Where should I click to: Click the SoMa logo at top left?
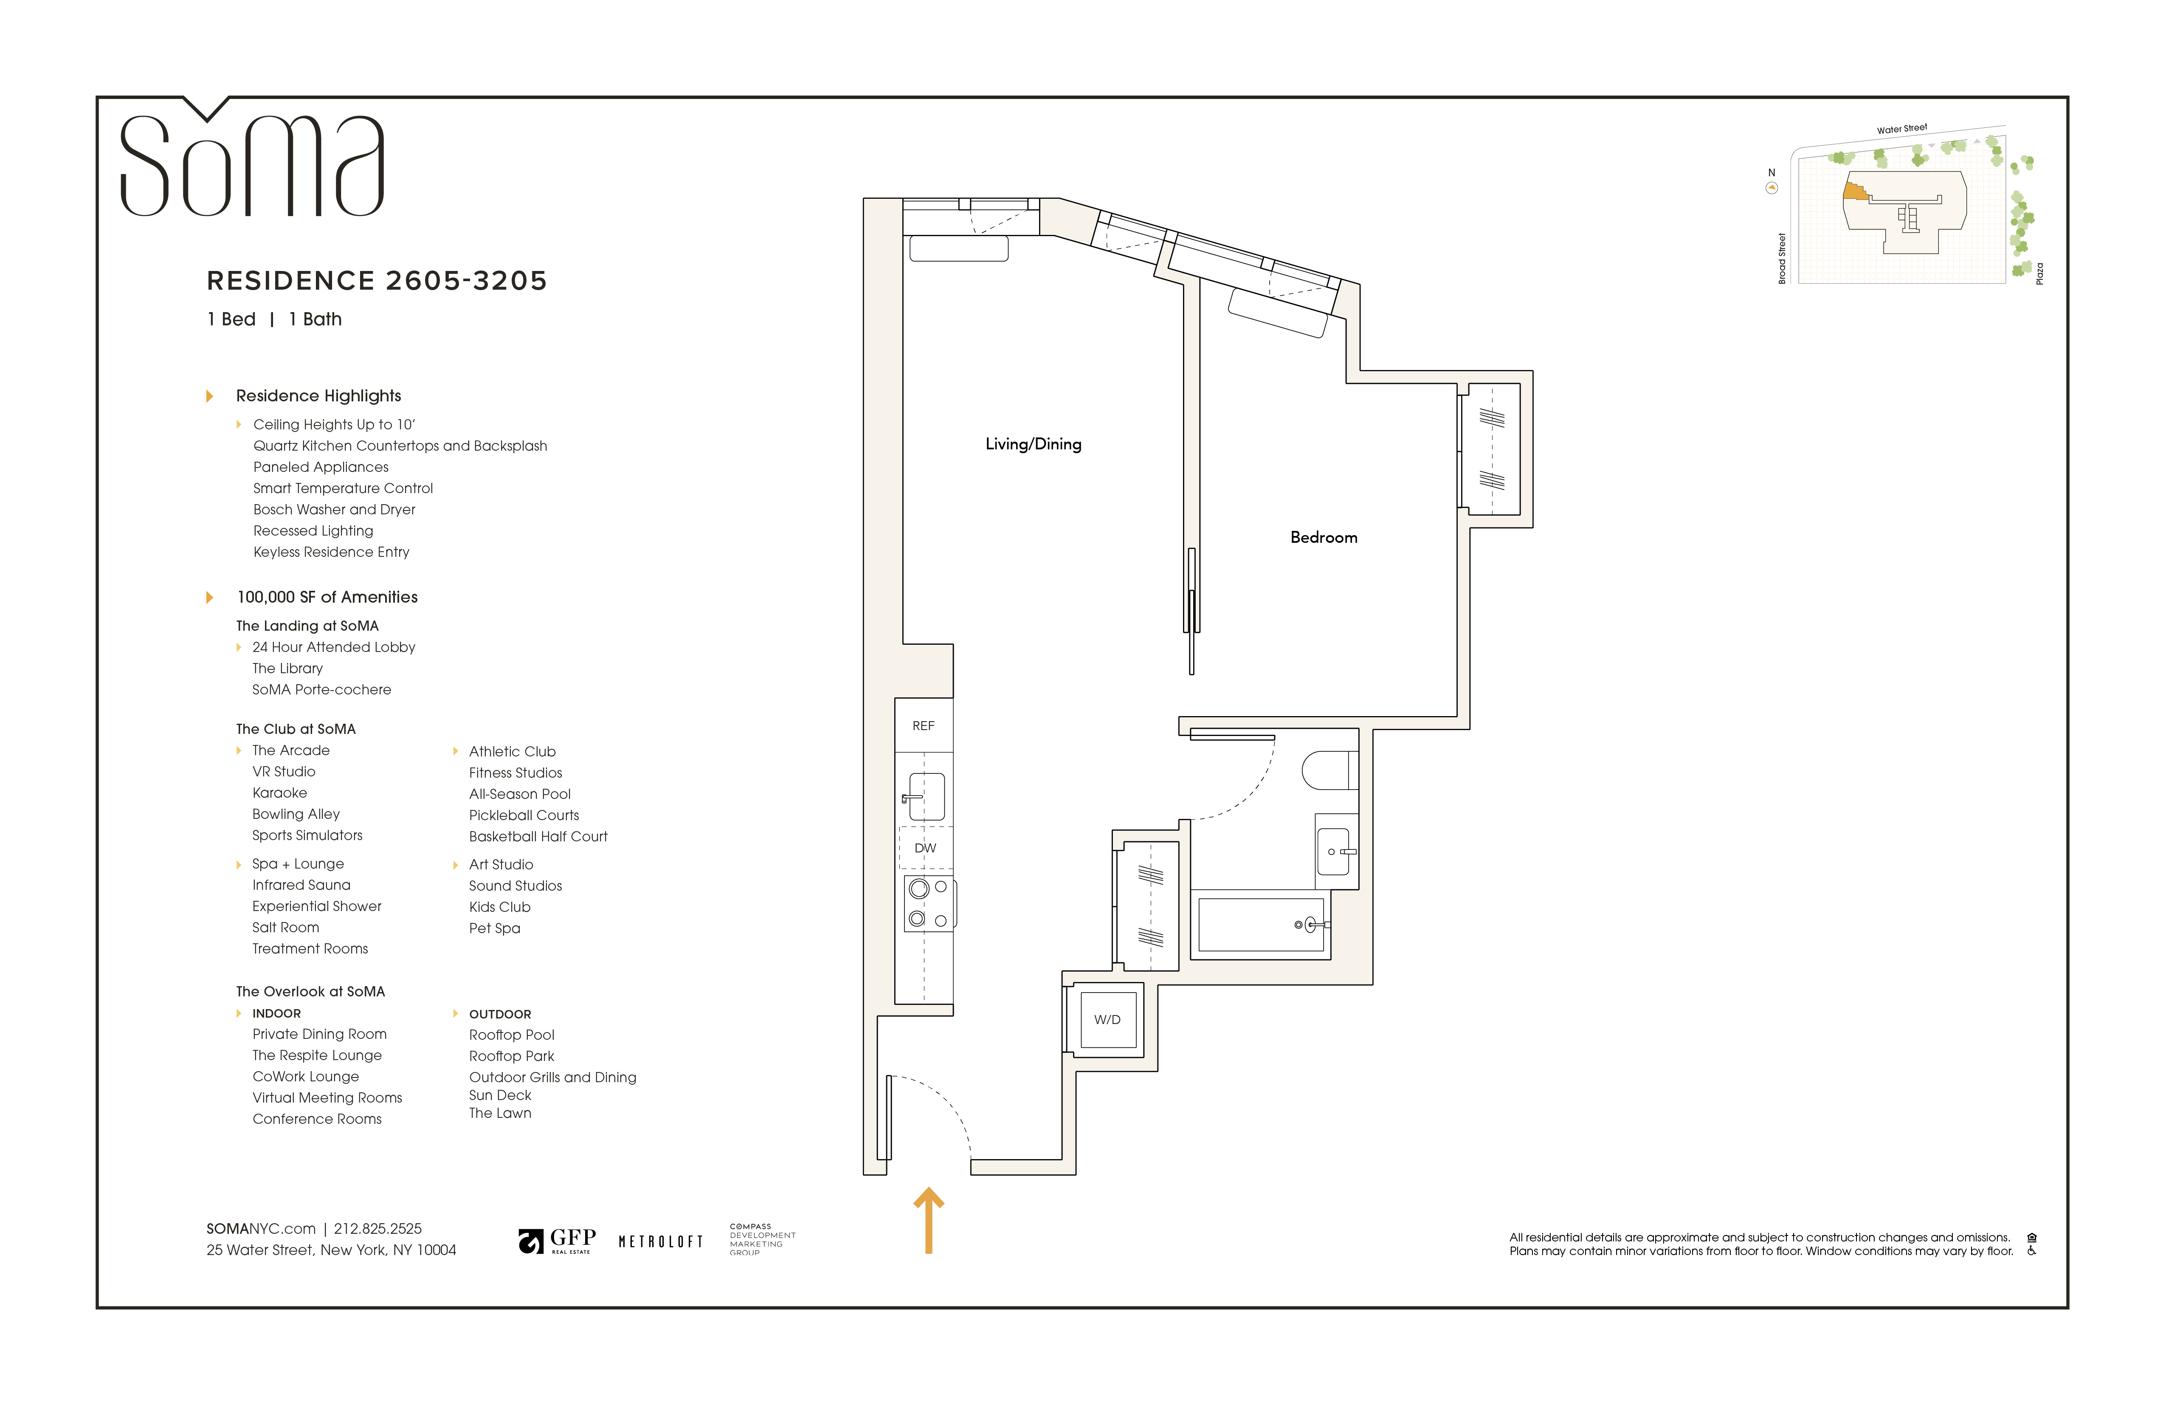tap(252, 164)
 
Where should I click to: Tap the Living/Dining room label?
tap(1033, 444)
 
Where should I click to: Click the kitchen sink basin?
tap(927, 797)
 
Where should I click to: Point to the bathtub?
tap(1260, 924)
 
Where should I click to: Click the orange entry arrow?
tap(928, 1220)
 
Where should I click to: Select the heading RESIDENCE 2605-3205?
tap(377, 280)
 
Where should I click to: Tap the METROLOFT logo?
tap(661, 1242)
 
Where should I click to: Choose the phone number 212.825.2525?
tap(377, 1229)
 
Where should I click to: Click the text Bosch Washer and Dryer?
tap(334, 510)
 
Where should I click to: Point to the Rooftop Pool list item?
tap(512, 1035)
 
